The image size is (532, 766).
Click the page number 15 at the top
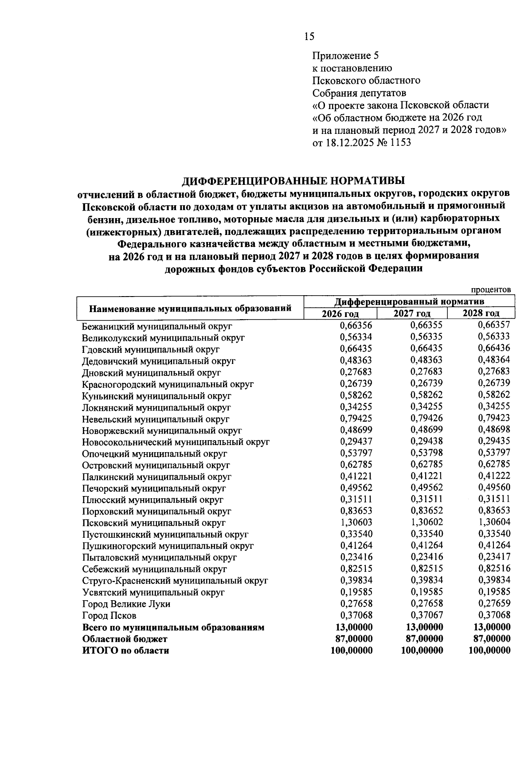(x=309, y=36)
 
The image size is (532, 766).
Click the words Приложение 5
(x=346, y=56)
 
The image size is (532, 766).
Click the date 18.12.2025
(x=351, y=142)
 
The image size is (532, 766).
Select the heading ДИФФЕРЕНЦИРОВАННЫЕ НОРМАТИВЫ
(x=293, y=181)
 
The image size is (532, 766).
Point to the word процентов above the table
(x=491, y=289)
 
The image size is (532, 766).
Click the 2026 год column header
(x=340, y=313)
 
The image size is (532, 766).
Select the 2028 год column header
(x=481, y=313)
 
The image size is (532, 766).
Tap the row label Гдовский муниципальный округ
(x=151, y=349)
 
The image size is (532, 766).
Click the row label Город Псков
(x=109, y=616)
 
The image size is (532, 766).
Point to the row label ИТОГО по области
(x=125, y=651)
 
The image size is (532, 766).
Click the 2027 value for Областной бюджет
(x=424, y=639)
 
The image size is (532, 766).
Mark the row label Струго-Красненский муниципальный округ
(x=175, y=580)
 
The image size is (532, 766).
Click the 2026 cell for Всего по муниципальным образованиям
(x=353, y=627)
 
